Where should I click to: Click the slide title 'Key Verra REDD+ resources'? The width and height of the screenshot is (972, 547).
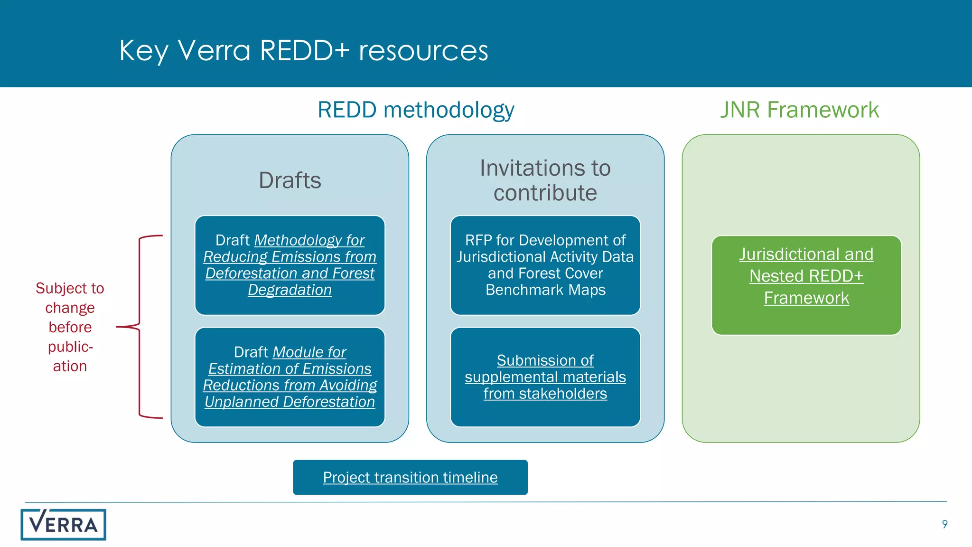tap(304, 50)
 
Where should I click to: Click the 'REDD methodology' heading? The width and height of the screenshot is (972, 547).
tap(416, 110)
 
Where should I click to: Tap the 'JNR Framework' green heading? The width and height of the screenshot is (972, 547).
tap(800, 110)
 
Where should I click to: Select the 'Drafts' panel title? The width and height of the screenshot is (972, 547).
tap(290, 180)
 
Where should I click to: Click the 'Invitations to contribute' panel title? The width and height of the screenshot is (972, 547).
tap(545, 180)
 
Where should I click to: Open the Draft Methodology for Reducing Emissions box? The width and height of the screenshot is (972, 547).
tap(290, 265)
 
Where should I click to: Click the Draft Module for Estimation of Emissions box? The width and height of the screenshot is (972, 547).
tap(290, 377)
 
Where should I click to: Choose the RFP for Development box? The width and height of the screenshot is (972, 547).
tap(545, 265)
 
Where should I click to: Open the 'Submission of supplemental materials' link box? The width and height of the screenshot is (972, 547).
tap(545, 377)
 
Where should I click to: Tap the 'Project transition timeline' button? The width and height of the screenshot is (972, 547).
tap(410, 477)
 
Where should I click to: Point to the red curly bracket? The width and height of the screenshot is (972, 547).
tap(140, 327)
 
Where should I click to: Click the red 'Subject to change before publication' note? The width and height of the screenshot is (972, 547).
tap(70, 327)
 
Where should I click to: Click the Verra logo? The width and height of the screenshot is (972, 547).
tap(63, 525)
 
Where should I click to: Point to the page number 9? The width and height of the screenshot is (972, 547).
tap(944, 524)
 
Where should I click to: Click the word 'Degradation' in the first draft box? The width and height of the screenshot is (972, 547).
tap(290, 290)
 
